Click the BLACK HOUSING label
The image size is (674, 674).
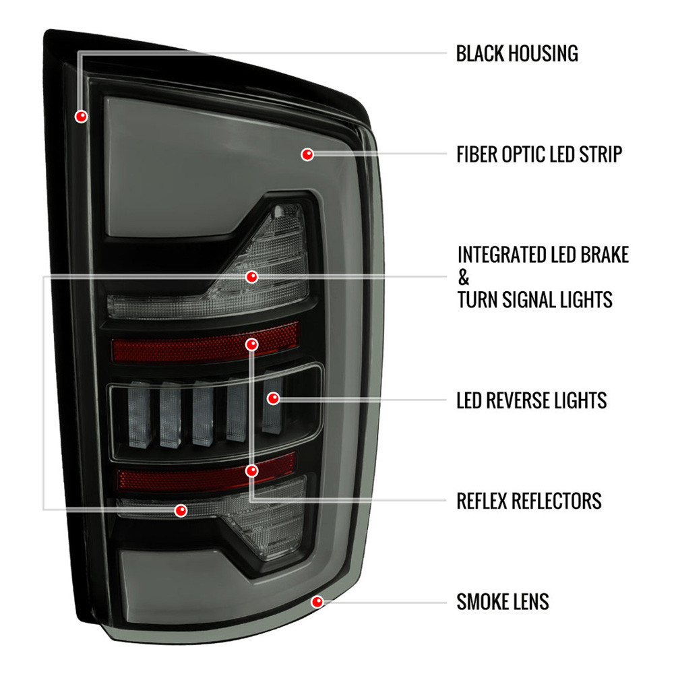pyautogui.click(x=517, y=54)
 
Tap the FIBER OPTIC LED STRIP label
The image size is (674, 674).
pyautogui.click(x=539, y=154)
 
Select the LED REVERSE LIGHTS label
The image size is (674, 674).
pyautogui.click(x=531, y=400)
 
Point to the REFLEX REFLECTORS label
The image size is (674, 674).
pyautogui.click(x=528, y=501)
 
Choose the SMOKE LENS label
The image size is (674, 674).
pyautogui.click(x=503, y=601)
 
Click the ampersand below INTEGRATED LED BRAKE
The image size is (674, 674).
pyautogui.click(x=464, y=278)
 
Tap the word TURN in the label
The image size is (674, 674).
pyautogui.click(x=477, y=300)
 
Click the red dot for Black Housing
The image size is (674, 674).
pyautogui.click(x=82, y=116)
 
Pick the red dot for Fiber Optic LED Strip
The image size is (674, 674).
pyautogui.click(x=307, y=154)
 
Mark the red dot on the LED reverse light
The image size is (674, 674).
pyautogui.click(x=274, y=398)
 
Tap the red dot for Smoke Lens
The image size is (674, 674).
pyautogui.click(x=317, y=602)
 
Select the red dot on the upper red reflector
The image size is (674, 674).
pyautogui.click(x=252, y=344)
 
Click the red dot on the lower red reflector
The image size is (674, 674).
pyautogui.click(x=252, y=470)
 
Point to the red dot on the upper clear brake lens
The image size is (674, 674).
pyautogui.click(x=252, y=277)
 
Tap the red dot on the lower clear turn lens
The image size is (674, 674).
pyautogui.click(x=181, y=510)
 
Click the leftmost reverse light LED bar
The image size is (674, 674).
pyautogui.click(x=140, y=415)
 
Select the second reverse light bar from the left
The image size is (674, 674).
pyautogui.click(x=171, y=415)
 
